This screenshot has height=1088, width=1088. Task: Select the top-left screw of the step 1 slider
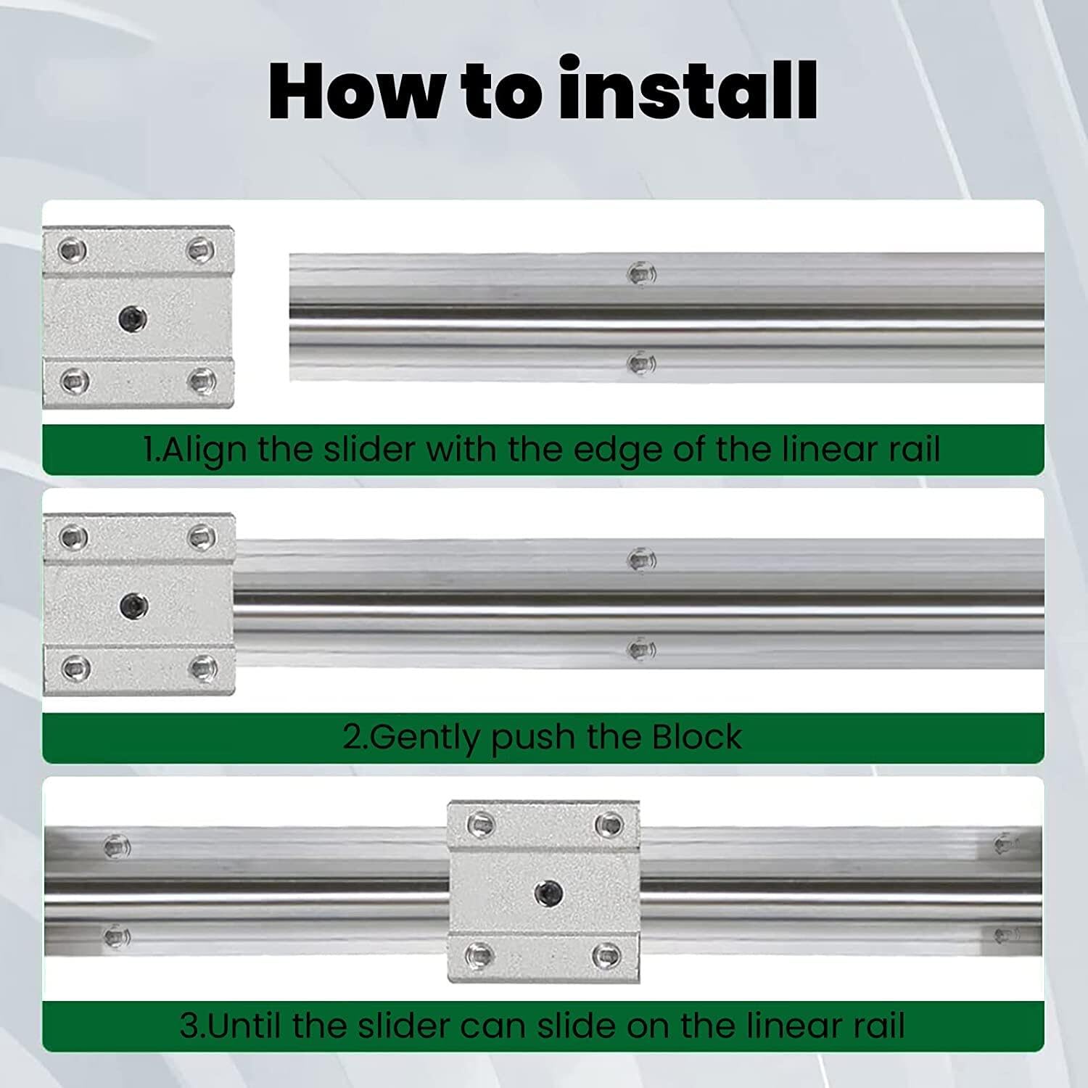pos(74,251)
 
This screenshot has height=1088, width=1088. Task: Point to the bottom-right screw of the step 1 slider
pos(200,379)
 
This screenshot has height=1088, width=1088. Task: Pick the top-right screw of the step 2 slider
pos(200,537)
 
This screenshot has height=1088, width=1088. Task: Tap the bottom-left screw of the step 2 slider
pos(74,666)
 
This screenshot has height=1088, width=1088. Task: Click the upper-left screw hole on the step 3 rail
pos(116,846)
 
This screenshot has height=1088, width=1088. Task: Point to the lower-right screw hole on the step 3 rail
pos(1006,936)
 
